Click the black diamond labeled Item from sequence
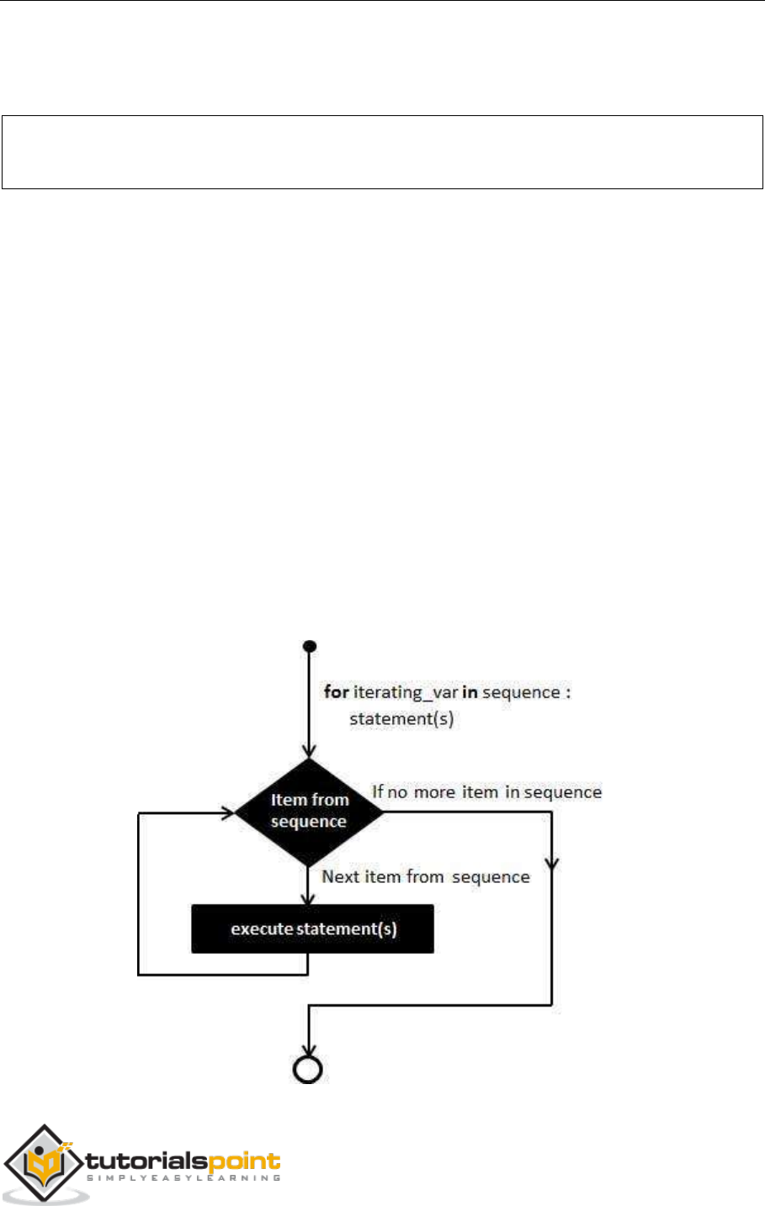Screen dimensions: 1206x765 (309, 812)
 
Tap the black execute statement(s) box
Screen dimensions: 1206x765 (312, 929)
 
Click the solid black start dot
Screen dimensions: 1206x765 (310, 646)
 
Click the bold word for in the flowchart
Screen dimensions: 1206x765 (337, 692)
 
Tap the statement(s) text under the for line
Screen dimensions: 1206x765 (401, 719)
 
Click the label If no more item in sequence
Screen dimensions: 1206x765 (487, 792)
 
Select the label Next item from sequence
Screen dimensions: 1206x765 (426, 877)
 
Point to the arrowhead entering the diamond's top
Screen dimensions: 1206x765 (310, 750)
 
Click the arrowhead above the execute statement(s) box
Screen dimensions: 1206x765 (310, 897)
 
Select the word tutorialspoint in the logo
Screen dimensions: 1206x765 (183, 1161)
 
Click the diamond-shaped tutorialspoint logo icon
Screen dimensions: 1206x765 (45, 1165)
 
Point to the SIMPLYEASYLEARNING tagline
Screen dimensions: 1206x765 (183, 1179)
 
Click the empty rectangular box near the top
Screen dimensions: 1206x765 (381, 152)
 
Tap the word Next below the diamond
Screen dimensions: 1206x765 (341, 877)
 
